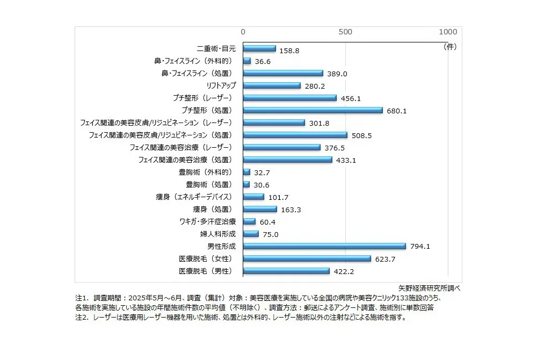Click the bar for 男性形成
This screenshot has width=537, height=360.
[324, 246]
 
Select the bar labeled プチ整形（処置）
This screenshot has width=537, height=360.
[313, 110]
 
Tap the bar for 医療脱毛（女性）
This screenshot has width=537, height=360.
[307, 258]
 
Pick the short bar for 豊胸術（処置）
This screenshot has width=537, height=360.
[246, 184]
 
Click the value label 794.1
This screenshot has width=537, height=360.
[420, 247]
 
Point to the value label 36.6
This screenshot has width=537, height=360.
[263, 61]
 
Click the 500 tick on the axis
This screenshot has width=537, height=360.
[345, 32]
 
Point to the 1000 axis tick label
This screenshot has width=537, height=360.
[448, 32]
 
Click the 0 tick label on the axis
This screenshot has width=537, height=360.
[243, 32]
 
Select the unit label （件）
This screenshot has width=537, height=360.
[449, 47]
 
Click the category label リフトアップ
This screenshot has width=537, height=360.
[221, 85]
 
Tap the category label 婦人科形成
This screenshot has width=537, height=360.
[214, 234]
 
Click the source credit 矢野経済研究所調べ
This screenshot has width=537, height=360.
[430, 287]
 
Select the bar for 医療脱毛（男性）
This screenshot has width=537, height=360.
[286, 271]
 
